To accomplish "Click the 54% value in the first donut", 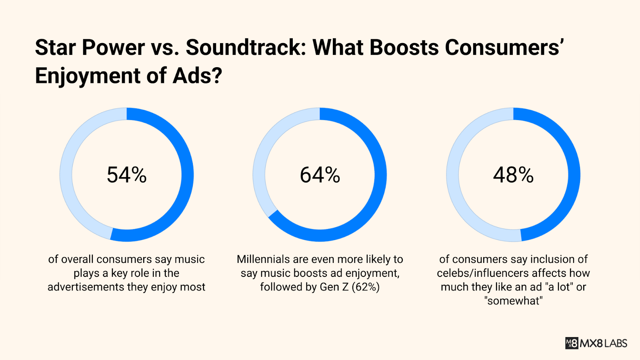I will (126, 175).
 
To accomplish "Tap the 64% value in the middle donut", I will (320, 175).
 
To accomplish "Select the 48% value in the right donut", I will (513, 175).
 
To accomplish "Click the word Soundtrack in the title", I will (244, 48).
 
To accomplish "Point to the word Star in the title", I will (55, 48).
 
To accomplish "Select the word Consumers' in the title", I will (504, 48).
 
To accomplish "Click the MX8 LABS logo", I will (596, 343).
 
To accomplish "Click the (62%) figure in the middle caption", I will (366, 287).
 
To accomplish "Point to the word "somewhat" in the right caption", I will (513, 301).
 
